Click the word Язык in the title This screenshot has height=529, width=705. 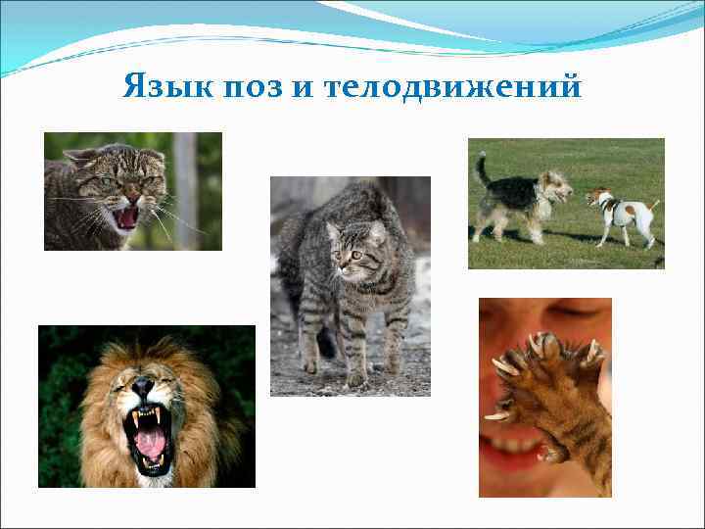156,88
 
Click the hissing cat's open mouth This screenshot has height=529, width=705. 126,216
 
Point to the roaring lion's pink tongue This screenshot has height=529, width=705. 151,444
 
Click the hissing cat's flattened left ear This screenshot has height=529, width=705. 79,157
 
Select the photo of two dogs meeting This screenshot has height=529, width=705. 566,203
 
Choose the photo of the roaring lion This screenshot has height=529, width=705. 147,407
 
